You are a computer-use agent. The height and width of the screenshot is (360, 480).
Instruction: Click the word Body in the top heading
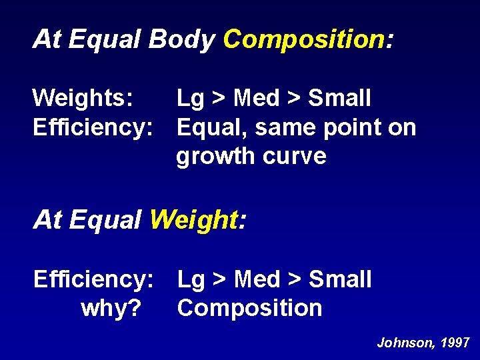(181, 39)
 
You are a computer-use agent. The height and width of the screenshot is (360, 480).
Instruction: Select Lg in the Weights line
(191, 99)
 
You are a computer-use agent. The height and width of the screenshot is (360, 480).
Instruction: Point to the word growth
(216, 157)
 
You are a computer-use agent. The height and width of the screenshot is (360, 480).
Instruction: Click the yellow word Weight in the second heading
(193, 219)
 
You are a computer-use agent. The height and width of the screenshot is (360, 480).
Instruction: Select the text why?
(110, 308)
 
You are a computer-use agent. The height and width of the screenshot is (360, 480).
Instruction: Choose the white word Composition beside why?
(249, 308)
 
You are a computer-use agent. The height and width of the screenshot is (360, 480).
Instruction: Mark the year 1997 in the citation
(455, 343)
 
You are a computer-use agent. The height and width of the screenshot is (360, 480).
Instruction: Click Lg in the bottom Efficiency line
(191, 279)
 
